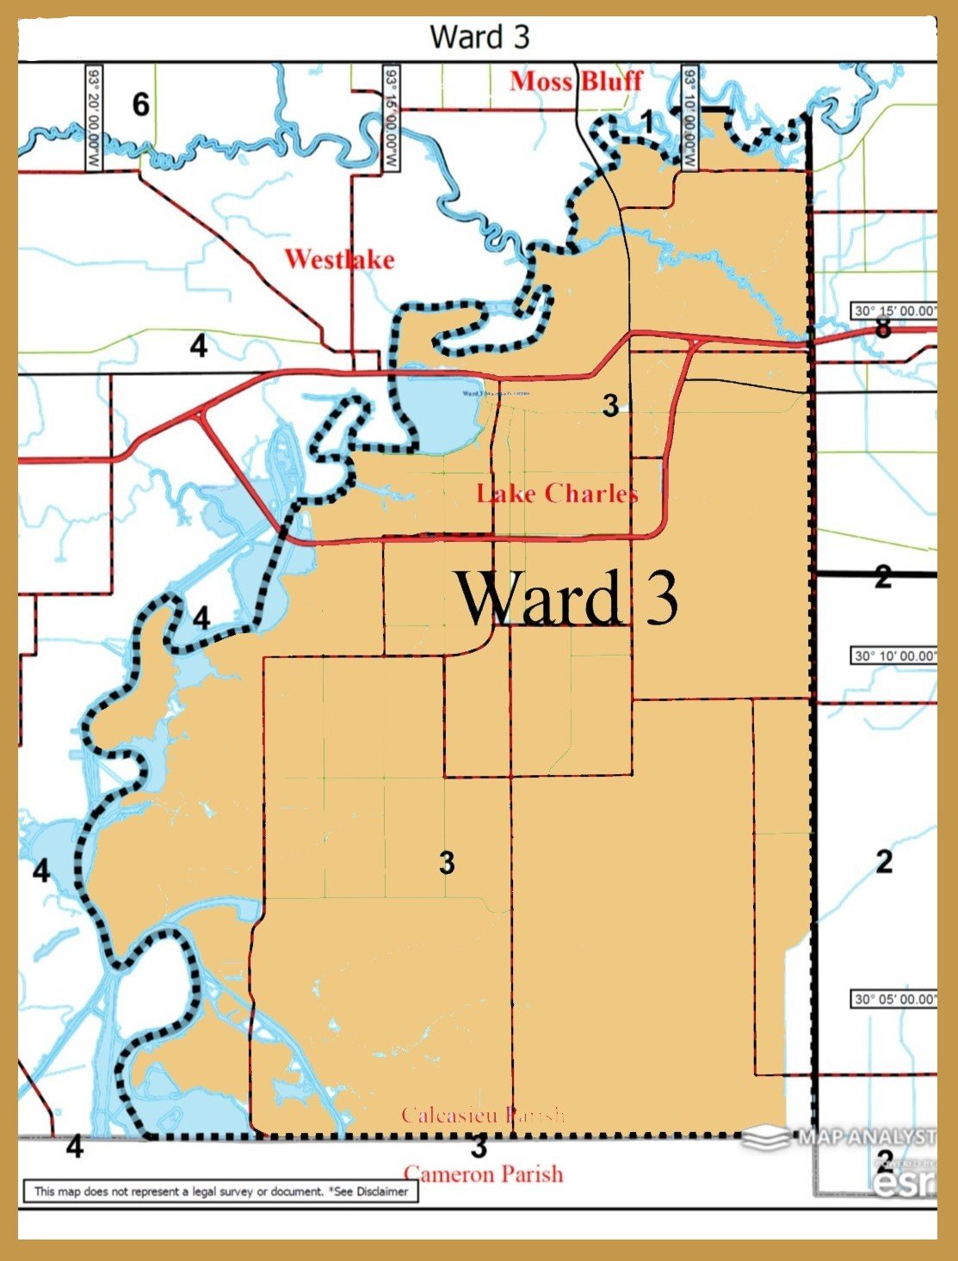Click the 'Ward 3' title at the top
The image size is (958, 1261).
point(479,37)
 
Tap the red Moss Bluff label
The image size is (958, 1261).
point(576,82)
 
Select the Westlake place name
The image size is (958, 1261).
point(339,259)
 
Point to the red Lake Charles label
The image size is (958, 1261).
point(557,493)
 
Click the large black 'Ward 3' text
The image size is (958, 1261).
point(566,597)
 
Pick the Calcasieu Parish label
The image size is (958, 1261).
point(483,1116)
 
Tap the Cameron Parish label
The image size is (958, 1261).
point(484,1174)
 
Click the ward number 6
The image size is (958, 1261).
point(140,105)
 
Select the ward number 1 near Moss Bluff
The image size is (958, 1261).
point(647,122)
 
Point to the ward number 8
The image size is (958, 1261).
point(882,328)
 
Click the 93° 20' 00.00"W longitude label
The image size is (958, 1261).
point(93,118)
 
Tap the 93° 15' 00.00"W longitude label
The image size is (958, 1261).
point(392,118)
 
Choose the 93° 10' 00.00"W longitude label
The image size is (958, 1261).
point(689,118)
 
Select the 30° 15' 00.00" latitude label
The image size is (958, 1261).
point(893,311)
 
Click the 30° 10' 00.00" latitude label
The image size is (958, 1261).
point(893,656)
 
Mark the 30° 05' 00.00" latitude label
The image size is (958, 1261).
point(893,999)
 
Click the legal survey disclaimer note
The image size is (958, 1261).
point(221,1191)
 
